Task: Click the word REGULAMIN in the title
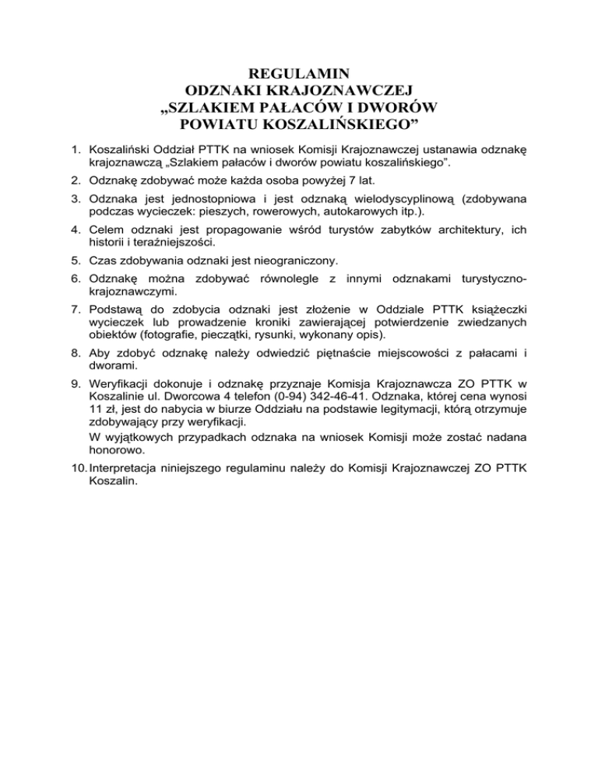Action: coord(300,75)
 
